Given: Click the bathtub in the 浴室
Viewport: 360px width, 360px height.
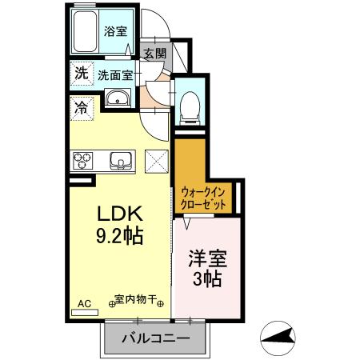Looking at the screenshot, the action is [85, 31].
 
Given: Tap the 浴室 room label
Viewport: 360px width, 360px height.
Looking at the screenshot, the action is [115, 31].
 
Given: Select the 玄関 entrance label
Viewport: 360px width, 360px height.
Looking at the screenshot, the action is [155, 54].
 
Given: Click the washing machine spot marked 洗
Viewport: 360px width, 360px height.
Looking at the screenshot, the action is [82, 73].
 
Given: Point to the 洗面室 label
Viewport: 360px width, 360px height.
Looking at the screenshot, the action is [115, 75].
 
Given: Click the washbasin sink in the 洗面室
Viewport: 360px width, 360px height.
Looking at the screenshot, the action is [118, 98].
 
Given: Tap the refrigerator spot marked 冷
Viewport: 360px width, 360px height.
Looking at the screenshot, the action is [81, 108].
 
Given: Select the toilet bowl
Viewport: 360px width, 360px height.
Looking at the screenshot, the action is [190, 108].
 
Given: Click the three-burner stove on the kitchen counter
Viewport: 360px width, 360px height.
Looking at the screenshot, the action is [82, 161].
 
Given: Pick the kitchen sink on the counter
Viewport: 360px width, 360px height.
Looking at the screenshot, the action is [121, 161].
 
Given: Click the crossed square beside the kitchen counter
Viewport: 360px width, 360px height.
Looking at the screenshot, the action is [157, 162].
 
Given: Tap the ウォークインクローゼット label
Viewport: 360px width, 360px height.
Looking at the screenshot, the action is [203, 198].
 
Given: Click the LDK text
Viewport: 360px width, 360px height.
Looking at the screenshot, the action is [120, 214].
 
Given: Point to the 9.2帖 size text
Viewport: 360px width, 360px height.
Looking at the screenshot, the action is [120, 236].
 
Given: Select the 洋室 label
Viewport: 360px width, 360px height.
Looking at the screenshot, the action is [208, 258].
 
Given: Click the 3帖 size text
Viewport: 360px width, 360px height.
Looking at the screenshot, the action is [207, 278].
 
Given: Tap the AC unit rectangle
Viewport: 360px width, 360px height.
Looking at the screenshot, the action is [85, 313].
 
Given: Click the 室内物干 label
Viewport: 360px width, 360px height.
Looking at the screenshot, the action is [135, 299].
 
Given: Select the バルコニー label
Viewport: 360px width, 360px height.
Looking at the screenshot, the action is [156, 338].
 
